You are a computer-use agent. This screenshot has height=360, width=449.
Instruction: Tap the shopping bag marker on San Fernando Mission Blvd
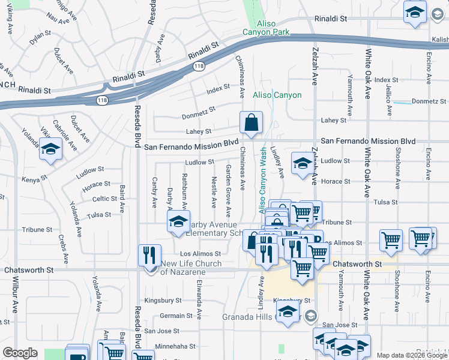[x=251, y=123]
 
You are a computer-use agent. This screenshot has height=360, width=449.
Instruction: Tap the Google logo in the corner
[x=20, y=353]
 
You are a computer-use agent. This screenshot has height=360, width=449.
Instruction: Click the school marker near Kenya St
[x=51, y=151]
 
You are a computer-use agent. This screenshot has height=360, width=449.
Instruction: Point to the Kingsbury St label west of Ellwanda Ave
[x=163, y=300]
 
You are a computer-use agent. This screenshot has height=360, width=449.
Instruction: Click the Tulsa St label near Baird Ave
[x=99, y=214]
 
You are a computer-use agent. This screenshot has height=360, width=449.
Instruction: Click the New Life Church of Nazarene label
[x=182, y=268]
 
